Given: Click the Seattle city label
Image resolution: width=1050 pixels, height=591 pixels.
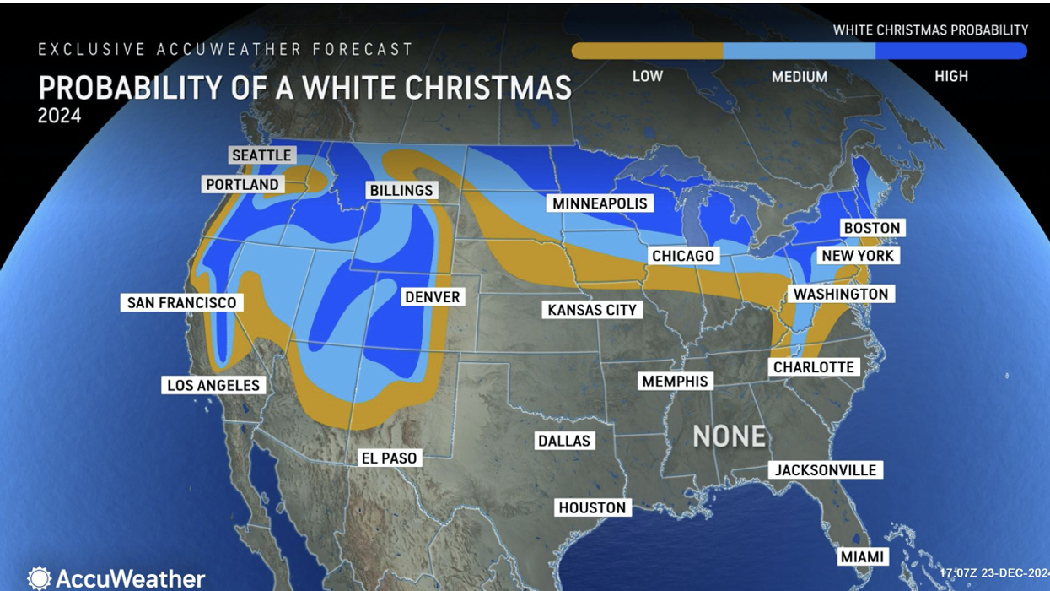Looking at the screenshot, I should coord(261,155).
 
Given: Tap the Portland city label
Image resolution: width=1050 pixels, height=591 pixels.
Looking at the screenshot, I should coord(242,184).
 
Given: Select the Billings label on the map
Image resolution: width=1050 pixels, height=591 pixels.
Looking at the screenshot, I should coord(401,191).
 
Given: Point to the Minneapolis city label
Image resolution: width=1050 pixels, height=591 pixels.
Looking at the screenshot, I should coord(600,203).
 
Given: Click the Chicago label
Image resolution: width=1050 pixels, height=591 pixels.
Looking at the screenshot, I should coord(683,256).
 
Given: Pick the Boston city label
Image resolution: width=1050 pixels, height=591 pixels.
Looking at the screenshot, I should coord(872,228).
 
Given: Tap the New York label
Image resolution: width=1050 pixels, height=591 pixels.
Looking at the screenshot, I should coord(858,256).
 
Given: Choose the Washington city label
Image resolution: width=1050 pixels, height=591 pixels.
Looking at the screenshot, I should coord(841,294).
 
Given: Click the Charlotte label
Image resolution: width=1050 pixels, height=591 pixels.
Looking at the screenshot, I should coord(814,367).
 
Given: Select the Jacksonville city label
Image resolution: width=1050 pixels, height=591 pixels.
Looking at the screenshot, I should coord(827,470).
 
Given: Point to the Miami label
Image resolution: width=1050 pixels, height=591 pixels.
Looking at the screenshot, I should coord(862,556).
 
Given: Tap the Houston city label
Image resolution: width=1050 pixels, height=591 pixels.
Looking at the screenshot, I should coord(592,507).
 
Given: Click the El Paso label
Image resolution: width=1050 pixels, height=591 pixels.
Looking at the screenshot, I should coord(389,458).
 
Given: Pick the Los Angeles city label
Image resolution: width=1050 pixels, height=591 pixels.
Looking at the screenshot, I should coord(213,385).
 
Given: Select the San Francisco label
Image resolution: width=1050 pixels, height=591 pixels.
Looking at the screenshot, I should coord(182,302).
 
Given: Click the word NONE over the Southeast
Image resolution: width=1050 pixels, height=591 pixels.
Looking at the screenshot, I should coord(730,436).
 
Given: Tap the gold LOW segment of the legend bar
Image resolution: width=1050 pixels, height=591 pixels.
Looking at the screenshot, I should coord(648,52).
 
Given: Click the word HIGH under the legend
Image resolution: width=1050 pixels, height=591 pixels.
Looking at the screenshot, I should coord(950,76).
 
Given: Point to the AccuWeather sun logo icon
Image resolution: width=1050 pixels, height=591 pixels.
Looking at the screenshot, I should coord(39,578).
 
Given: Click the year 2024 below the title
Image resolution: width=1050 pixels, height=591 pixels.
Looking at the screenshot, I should coord(59,115).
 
